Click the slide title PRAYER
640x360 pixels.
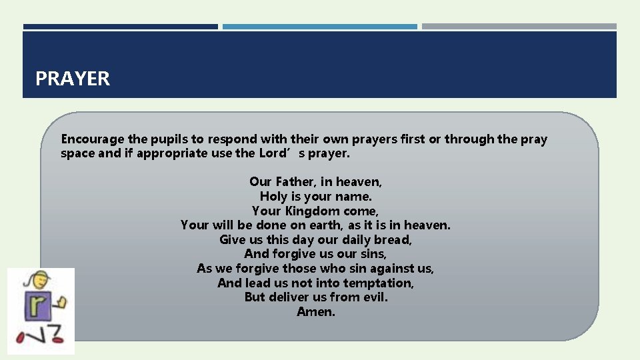coord(73,79)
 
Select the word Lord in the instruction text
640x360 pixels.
coord(271,153)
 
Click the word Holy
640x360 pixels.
coord(273,196)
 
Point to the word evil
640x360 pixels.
coord(375,297)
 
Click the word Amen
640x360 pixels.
coord(316,312)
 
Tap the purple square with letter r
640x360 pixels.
coord(33,309)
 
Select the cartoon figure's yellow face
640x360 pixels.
coord(33,281)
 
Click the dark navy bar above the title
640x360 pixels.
coord(120,27)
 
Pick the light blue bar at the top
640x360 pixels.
coord(320,27)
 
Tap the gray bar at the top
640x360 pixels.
coord(519,27)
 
